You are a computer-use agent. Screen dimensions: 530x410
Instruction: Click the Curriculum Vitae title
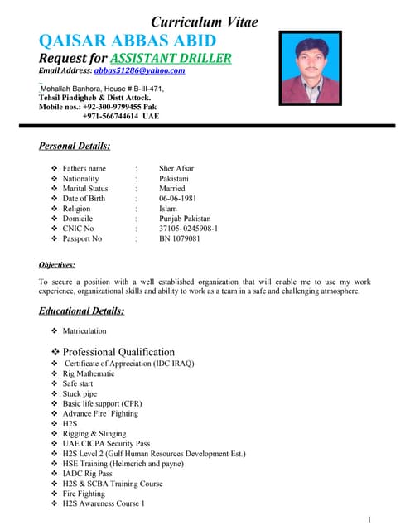[x=204, y=22]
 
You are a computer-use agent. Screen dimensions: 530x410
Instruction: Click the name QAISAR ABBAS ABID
[x=128, y=41]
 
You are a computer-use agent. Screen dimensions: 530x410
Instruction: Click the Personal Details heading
[x=75, y=147]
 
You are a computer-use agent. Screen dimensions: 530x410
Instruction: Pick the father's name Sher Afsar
[x=176, y=168]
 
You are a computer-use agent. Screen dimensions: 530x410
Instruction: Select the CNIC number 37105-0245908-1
[x=188, y=228]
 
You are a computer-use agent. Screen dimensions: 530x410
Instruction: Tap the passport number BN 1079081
[x=180, y=238]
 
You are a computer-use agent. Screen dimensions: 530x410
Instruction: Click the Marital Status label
[x=85, y=188]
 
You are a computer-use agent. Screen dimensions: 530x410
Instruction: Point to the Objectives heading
[x=57, y=265]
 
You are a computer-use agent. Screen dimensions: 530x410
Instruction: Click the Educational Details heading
[x=82, y=311]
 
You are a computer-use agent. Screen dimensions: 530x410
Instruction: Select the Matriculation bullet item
[x=84, y=330]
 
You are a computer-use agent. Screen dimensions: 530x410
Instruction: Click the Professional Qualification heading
[x=118, y=351]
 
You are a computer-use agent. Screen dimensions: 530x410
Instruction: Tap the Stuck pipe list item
[x=81, y=393]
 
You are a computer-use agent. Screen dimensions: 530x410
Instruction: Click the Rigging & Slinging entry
[x=94, y=433]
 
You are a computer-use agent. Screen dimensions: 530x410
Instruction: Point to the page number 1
[x=368, y=519]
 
